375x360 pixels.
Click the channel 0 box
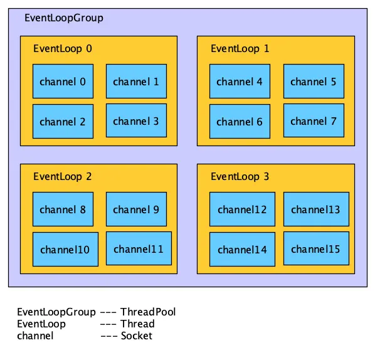(x=63, y=82)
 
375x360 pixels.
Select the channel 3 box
(x=136, y=121)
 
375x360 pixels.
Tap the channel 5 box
(x=313, y=82)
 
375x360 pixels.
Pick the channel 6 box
(x=240, y=122)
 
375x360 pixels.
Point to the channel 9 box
(x=136, y=209)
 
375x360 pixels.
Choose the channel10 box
(x=65, y=250)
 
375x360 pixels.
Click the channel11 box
(x=138, y=249)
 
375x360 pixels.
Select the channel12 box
(x=241, y=209)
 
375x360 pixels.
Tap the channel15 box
(x=315, y=249)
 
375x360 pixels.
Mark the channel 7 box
(x=314, y=121)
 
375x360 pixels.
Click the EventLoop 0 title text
(x=62, y=48)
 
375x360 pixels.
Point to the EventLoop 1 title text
(x=240, y=48)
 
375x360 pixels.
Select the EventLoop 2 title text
(x=62, y=177)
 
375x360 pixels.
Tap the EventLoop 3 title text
(x=240, y=177)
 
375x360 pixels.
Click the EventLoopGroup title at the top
(x=63, y=18)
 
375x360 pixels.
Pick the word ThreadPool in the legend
(x=148, y=312)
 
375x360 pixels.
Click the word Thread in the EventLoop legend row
(x=137, y=324)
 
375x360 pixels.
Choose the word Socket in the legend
(x=136, y=336)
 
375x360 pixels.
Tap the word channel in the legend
(x=35, y=336)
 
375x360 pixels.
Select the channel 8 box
(x=63, y=209)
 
